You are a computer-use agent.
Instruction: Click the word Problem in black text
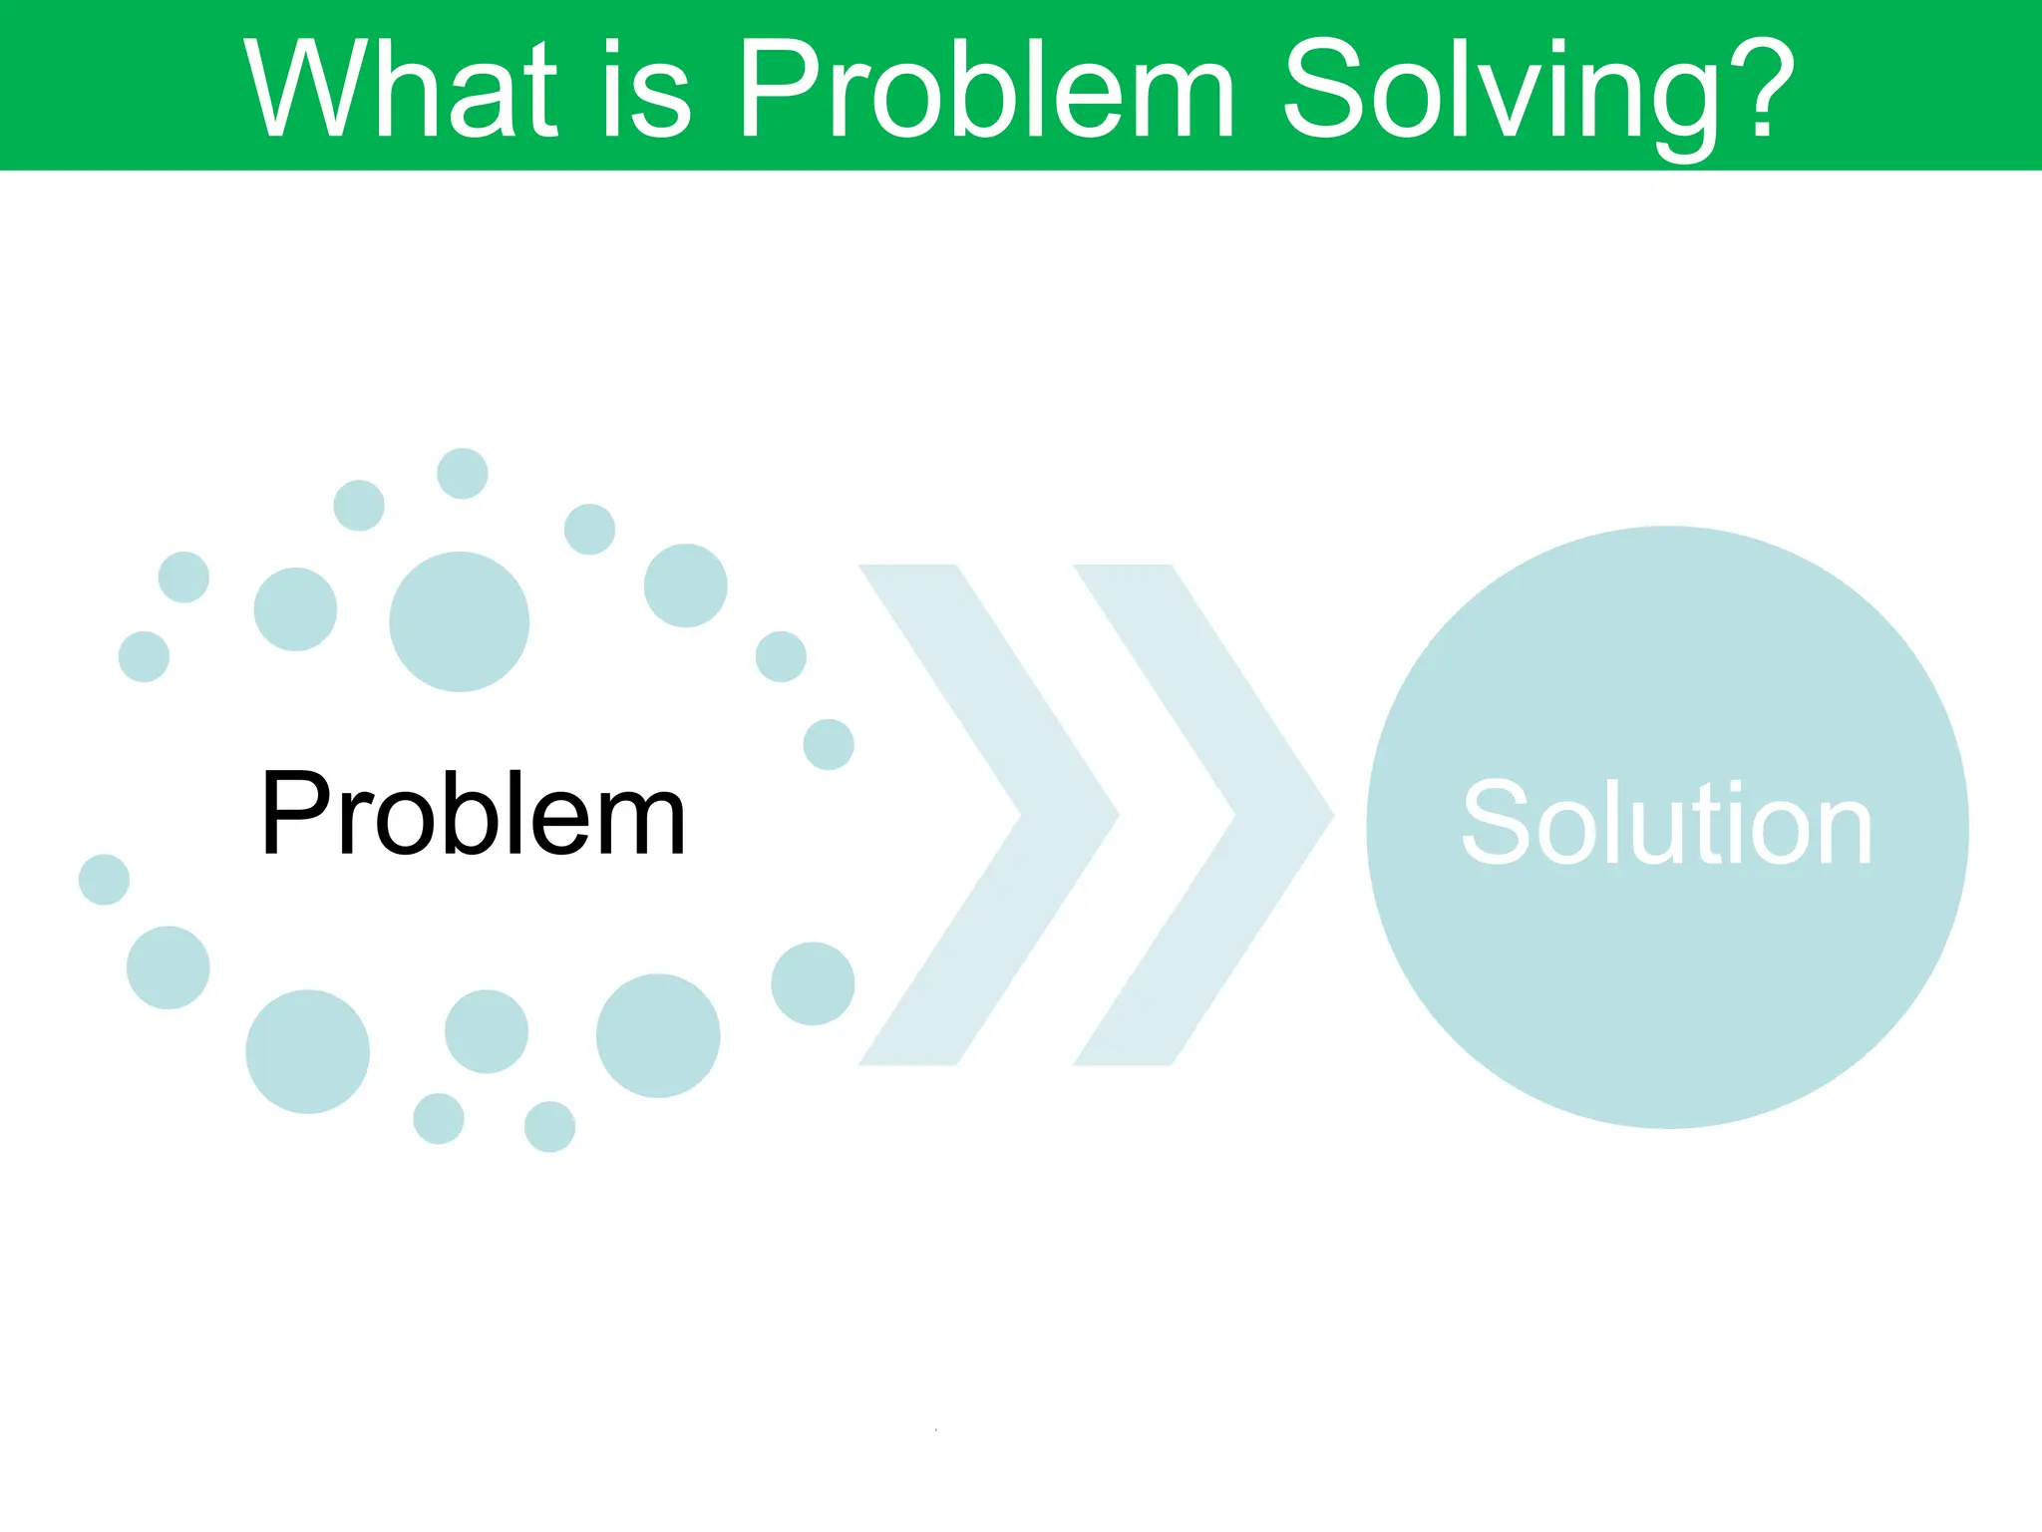coord(474,815)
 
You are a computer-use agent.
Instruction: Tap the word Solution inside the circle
coord(1666,825)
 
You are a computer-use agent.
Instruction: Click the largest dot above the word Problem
coord(459,621)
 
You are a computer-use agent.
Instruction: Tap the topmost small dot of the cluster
coord(463,473)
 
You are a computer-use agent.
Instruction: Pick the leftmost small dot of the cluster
coord(104,880)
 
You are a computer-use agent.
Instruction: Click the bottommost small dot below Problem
coord(549,1127)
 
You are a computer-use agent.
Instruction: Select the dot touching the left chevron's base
coord(813,983)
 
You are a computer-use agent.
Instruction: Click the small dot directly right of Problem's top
coord(829,744)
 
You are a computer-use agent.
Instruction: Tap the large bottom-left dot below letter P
coord(307,1051)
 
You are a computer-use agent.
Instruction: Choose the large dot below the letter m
coord(658,1035)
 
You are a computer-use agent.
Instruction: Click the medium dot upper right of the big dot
coord(685,585)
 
